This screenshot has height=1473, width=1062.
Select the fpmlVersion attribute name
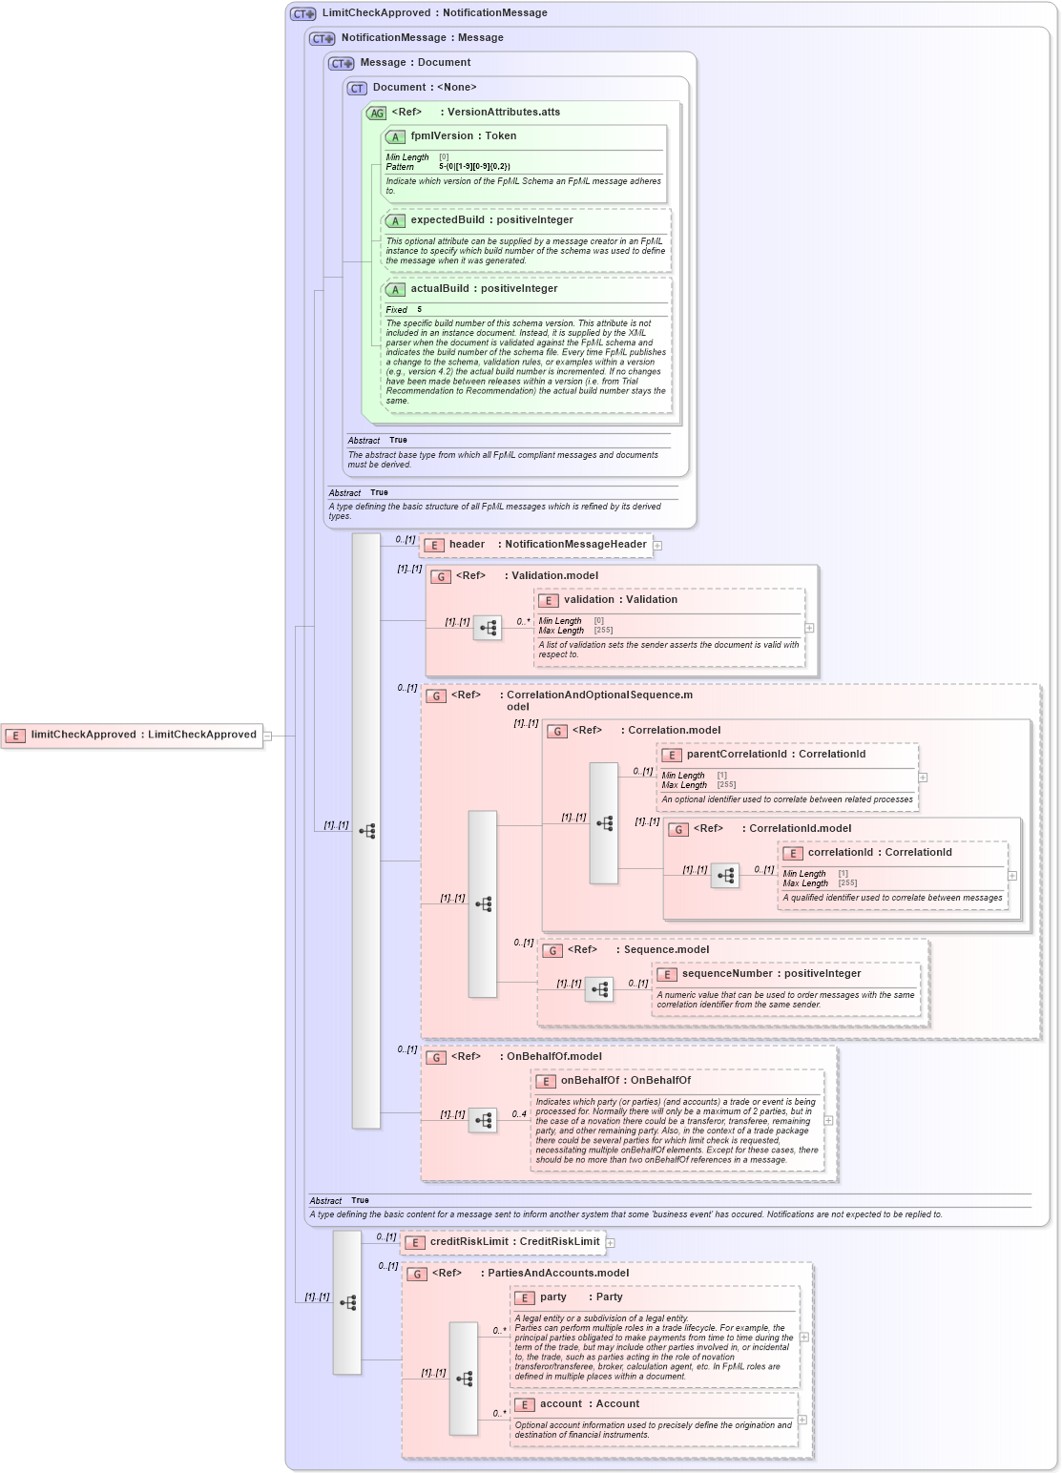(441, 136)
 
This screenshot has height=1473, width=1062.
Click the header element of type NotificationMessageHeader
(467, 545)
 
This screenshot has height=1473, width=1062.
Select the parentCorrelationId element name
(736, 755)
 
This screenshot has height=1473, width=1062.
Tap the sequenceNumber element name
(727, 974)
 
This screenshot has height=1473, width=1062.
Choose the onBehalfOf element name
(589, 1081)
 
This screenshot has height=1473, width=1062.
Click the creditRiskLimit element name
(469, 1242)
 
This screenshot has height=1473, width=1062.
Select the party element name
(552, 1297)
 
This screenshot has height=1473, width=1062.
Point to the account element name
(560, 1404)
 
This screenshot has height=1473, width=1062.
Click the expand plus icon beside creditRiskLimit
(611, 1243)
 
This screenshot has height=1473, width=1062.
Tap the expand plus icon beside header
(657, 546)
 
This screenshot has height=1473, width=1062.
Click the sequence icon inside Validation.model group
(488, 628)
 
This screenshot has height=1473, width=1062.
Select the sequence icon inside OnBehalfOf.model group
(483, 1120)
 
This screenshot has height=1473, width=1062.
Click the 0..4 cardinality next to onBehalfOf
(518, 1114)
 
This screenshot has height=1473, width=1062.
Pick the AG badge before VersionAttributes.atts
(377, 113)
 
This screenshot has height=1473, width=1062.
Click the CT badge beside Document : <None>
(357, 88)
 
